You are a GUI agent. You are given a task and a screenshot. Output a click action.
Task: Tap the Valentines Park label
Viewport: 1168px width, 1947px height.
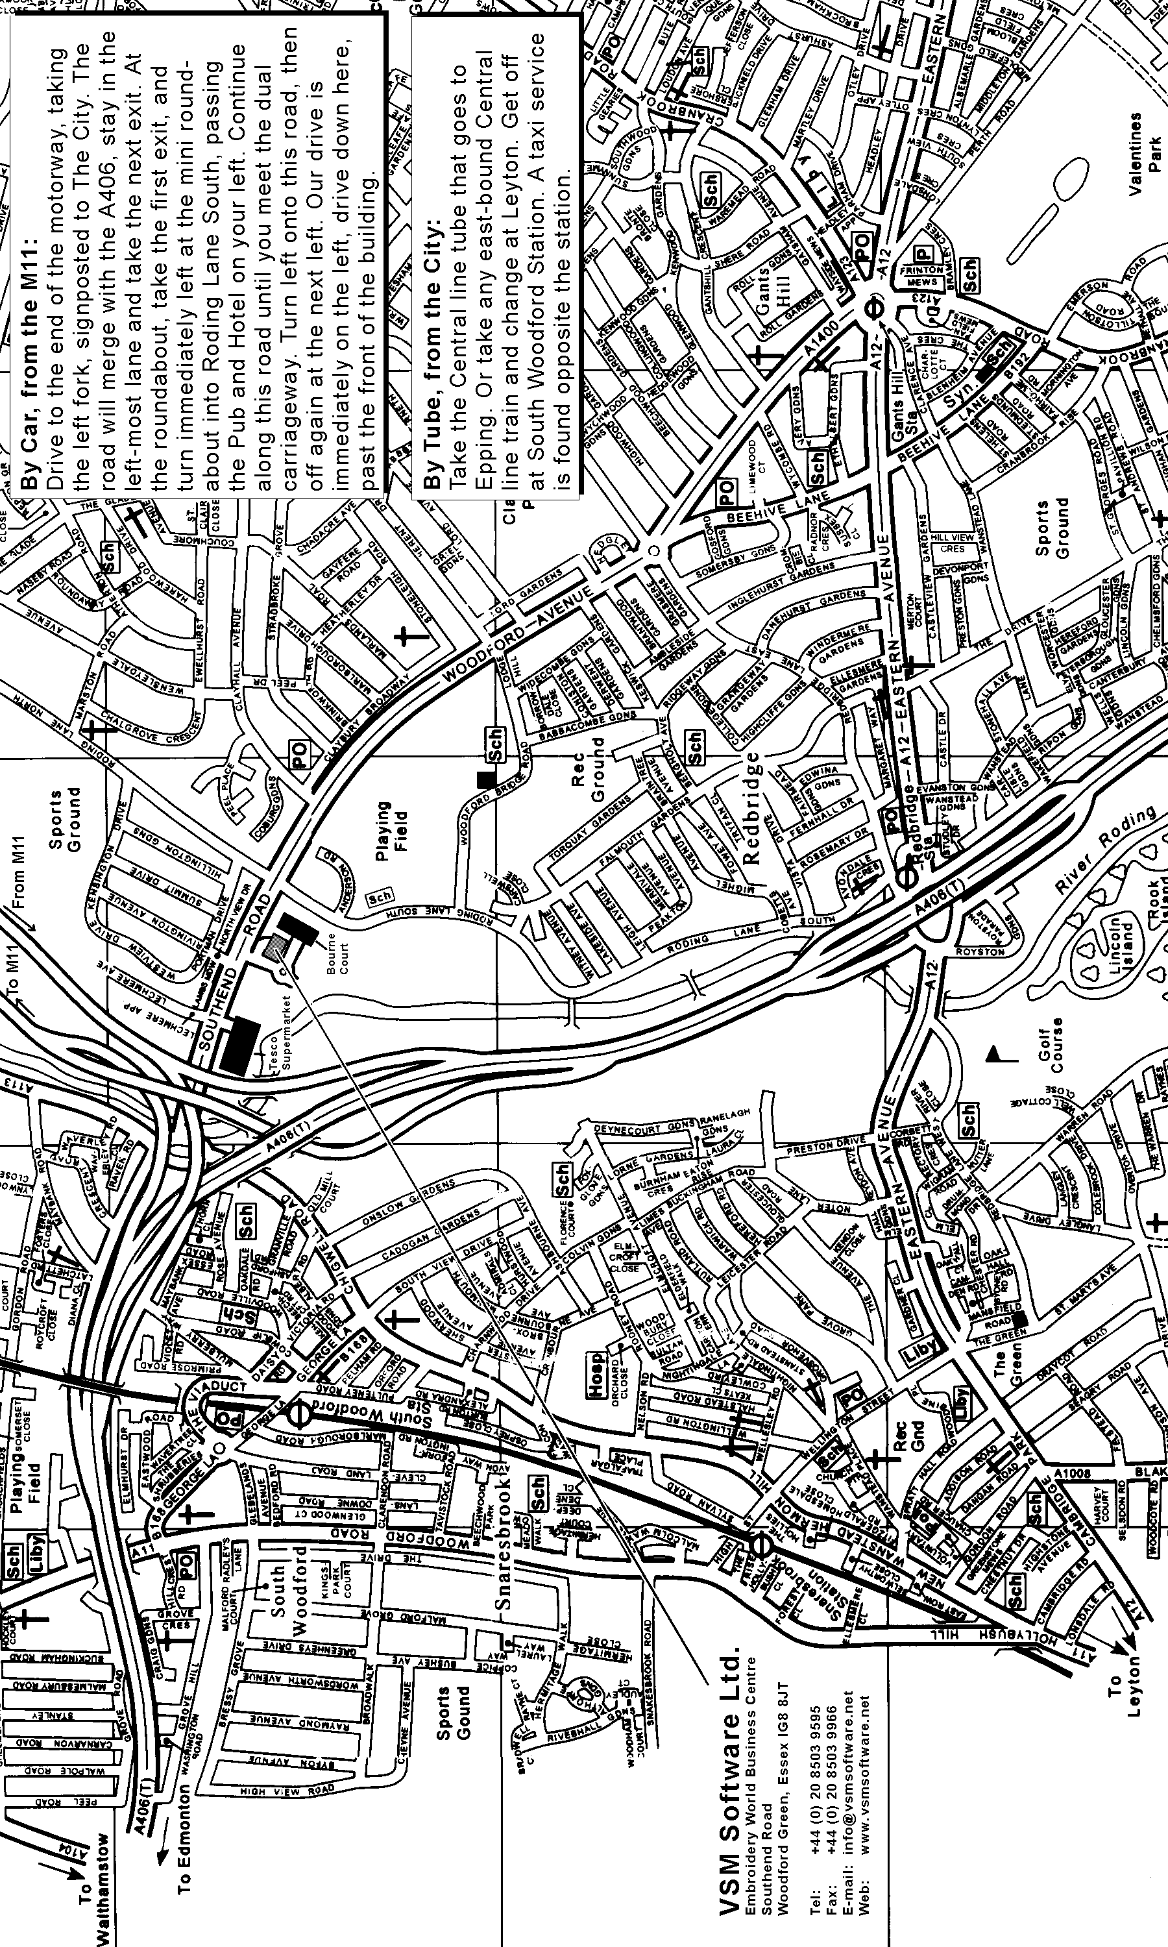coord(1145,142)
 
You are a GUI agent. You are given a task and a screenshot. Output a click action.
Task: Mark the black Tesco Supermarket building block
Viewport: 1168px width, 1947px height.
coord(240,1044)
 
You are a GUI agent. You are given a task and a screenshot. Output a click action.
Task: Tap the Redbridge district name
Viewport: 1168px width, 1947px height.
coord(751,807)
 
